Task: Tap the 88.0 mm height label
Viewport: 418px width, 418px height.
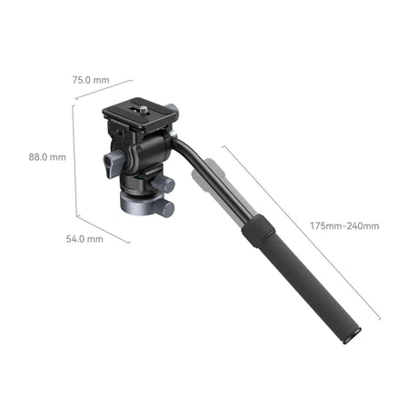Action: coord(47,156)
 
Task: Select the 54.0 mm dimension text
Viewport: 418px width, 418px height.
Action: coord(85,239)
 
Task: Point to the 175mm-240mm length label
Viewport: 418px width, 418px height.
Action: coord(343,225)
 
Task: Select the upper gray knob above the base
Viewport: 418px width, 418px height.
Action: coord(164,185)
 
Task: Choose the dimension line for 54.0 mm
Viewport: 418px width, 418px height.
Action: coord(102,230)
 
